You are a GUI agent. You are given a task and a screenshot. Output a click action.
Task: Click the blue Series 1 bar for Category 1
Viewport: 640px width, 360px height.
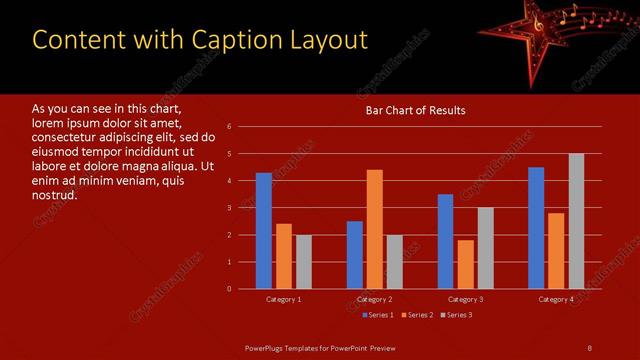point(264,231)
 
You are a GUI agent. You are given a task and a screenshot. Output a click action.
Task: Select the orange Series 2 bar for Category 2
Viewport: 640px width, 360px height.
point(375,229)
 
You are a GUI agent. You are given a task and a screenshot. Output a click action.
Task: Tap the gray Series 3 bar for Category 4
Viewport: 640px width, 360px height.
point(576,221)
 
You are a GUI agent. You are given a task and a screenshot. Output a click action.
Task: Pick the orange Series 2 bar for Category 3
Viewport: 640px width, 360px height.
point(465,264)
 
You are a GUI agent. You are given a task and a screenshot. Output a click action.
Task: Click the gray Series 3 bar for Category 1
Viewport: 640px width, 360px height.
point(303,262)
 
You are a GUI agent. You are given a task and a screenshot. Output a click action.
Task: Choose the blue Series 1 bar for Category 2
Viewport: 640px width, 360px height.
point(355,255)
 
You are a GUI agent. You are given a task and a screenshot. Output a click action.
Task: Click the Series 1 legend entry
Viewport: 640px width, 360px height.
point(376,315)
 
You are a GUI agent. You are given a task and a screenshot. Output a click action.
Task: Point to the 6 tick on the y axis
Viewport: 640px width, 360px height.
point(229,127)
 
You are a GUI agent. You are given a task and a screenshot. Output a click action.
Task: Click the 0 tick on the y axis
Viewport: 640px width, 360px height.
point(229,289)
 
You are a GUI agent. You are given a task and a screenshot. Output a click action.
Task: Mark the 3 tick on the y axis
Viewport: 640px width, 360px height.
point(229,208)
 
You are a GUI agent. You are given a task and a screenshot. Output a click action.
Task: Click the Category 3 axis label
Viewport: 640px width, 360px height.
point(465,299)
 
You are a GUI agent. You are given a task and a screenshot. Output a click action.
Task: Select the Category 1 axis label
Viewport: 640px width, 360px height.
point(284,299)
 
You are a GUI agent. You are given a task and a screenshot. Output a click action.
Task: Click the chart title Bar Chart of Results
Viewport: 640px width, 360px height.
point(414,110)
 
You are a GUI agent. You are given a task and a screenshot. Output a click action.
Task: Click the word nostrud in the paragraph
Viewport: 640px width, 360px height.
point(54,194)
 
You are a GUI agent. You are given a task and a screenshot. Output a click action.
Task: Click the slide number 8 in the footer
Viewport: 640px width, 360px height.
point(589,347)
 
